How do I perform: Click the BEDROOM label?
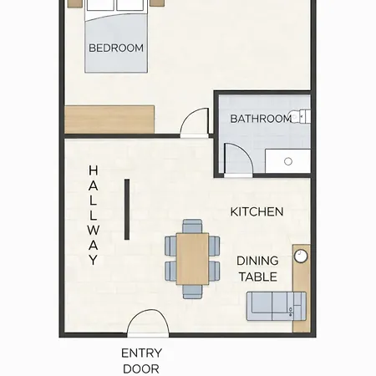116,48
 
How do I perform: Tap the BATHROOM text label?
261,119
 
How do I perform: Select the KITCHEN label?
257,212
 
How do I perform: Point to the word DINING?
257,261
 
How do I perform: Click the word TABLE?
258,277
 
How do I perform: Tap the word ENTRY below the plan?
141,353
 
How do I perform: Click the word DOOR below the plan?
141,369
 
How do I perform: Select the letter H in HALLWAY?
94,170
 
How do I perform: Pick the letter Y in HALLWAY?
94,260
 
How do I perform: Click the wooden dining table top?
192,259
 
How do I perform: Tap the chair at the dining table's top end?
192,226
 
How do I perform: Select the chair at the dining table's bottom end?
192,292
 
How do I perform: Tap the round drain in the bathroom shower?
288,161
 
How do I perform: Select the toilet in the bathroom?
300,117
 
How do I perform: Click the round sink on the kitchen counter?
301,257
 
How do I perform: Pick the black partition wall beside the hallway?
127,209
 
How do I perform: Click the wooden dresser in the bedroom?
109,119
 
